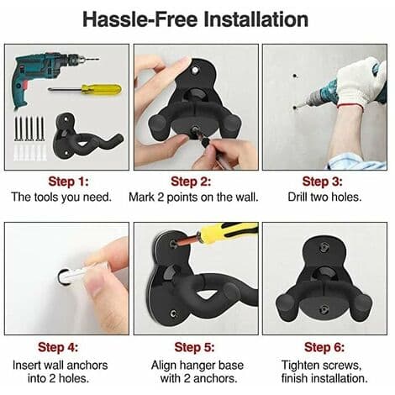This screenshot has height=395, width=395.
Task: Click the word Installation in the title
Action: (x=255, y=19)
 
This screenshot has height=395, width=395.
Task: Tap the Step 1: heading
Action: (x=68, y=182)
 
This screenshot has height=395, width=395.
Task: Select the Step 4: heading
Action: (x=58, y=347)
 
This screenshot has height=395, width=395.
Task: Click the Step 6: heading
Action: (x=324, y=347)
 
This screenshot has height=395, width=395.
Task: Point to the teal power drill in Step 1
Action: (x=42, y=76)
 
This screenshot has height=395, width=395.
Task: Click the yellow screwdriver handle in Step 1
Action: (x=102, y=89)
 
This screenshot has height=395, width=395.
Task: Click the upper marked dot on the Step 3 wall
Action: (x=295, y=76)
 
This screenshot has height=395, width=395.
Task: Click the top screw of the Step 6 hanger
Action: (x=324, y=247)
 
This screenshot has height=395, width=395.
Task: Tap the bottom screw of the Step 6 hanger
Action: (x=324, y=309)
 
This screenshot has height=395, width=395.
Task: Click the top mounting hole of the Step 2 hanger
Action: (x=194, y=71)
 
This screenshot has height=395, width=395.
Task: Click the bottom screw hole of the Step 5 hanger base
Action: (x=174, y=313)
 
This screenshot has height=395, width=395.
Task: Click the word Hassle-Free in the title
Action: (x=140, y=19)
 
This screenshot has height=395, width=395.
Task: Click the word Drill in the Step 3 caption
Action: (x=298, y=197)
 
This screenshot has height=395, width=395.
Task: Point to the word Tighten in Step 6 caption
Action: (x=299, y=366)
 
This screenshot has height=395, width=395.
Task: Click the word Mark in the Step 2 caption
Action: (x=141, y=197)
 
